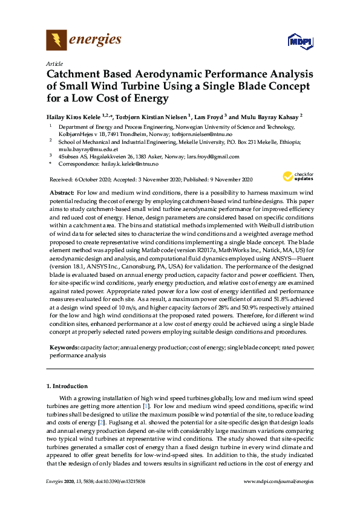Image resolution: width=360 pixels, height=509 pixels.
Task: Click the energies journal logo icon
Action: click(57, 41)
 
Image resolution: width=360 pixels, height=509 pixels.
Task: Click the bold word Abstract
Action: click(61, 192)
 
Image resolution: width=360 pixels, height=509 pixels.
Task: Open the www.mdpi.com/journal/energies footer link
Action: click(278, 482)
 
